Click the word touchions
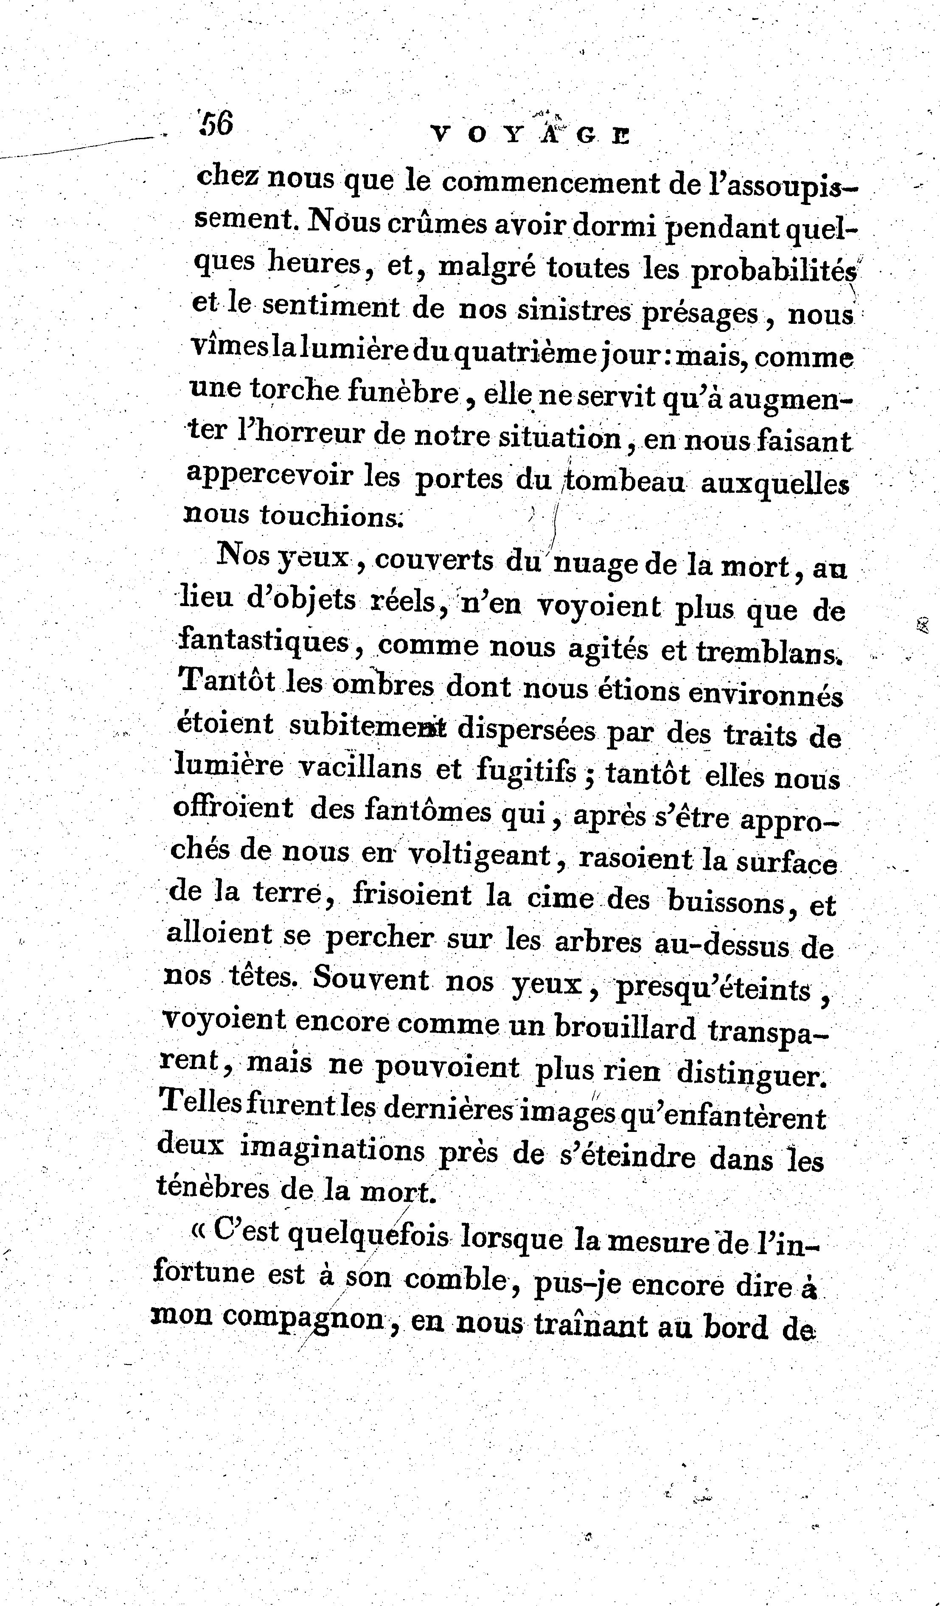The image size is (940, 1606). coord(330,515)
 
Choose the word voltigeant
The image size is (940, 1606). coord(479,855)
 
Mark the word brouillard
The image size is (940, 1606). coord(625,1027)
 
